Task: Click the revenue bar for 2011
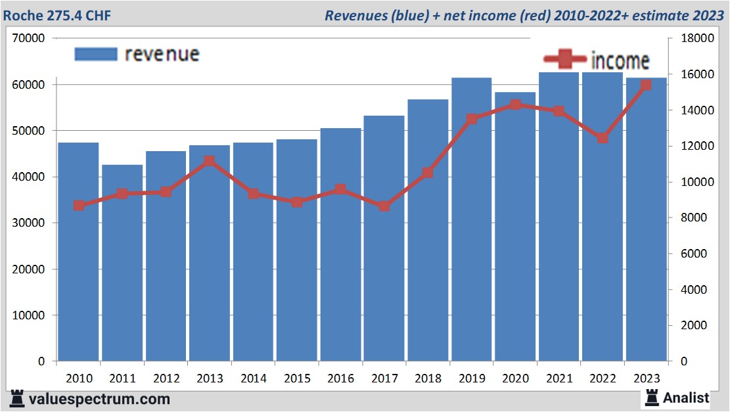click(x=122, y=263)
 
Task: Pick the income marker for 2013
click(x=210, y=161)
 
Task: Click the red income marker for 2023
click(x=646, y=85)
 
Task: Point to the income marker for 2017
click(x=384, y=206)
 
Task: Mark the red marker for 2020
click(x=515, y=104)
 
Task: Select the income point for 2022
click(x=603, y=138)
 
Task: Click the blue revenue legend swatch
click(x=95, y=54)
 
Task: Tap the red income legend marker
click(x=564, y=60)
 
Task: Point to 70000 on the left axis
click(x=29, y=39)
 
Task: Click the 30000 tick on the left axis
click(x=29, y=223)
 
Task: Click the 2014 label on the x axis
click(x=253, y=378)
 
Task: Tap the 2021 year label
click(x=559, y=378)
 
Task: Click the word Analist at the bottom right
click(x=686, y=398)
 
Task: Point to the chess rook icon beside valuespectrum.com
click(x=18, y=398)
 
